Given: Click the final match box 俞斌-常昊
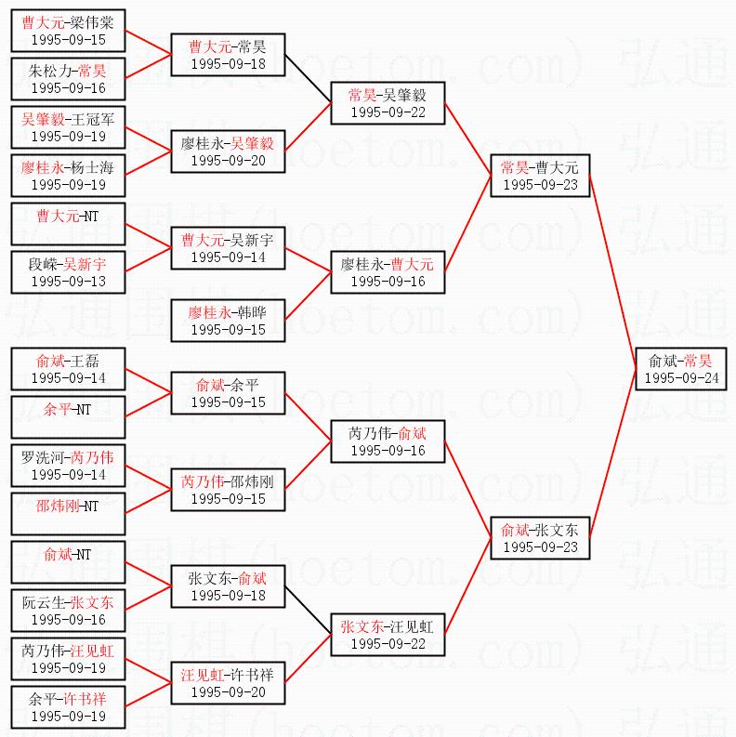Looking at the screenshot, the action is [x=681, y=369].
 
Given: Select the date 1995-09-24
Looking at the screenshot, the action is [x=681, y=378].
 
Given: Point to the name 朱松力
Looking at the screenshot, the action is [x=48, y=71].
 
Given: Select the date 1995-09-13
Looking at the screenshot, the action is [x=68, y=281].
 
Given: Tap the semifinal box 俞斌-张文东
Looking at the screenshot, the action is [x=539, y=538].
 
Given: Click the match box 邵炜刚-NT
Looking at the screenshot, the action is [x=68, y=514].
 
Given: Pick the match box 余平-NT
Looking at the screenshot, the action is [x=68, y=417].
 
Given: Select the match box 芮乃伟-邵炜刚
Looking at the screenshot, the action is [x=228, y=490].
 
